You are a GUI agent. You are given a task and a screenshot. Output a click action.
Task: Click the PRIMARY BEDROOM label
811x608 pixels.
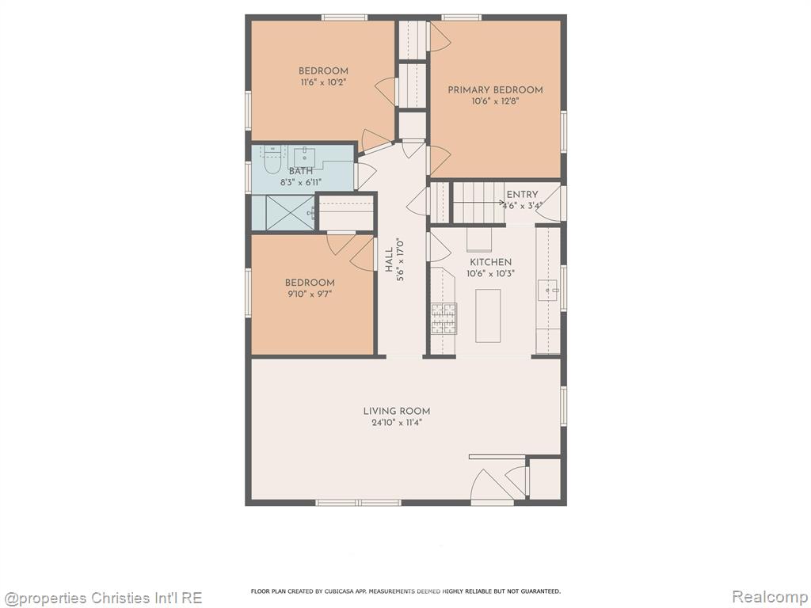tap(495, 90)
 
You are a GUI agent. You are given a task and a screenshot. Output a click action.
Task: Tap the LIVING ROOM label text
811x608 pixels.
tap(397, 411)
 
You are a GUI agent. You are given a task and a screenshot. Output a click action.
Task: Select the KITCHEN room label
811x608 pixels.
tap(490, 262)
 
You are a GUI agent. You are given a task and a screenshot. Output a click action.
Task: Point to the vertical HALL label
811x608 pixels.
tap(388, 260)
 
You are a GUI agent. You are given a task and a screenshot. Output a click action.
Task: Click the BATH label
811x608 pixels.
tap(300, 171)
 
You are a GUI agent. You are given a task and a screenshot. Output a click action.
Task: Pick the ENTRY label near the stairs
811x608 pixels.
tap(522, 195)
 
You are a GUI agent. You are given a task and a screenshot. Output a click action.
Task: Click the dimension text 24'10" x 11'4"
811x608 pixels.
tap(397, 423)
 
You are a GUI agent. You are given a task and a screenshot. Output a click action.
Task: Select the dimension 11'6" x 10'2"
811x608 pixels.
tap(323, 82)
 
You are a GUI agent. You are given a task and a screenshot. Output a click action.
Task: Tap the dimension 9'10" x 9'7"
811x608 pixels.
tap(310, 294)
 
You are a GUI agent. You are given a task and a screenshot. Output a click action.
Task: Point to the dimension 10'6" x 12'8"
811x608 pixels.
tap(495, 101)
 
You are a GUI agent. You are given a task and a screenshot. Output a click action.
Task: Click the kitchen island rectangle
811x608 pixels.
tap(488, 315)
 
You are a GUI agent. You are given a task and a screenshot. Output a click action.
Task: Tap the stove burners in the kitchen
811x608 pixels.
tap(444, 318)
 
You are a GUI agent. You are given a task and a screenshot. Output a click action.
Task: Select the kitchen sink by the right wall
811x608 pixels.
tap(548, 291)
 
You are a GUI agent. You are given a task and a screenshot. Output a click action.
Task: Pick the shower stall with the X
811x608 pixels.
tap(290, 212)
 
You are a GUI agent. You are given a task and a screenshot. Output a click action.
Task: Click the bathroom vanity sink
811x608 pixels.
tap(305, 156)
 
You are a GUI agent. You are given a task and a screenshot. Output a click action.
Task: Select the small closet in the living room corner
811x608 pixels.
tap(545, 479)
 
